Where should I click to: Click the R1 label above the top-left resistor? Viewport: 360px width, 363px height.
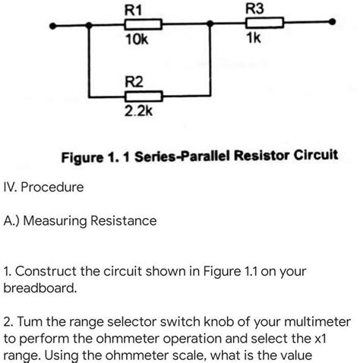coord(133,10)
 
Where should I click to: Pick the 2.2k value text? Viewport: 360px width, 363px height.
coord(139,111)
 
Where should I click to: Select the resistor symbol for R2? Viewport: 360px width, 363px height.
coord(143,96)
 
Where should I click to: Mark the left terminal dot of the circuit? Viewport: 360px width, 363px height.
coord(52,25)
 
